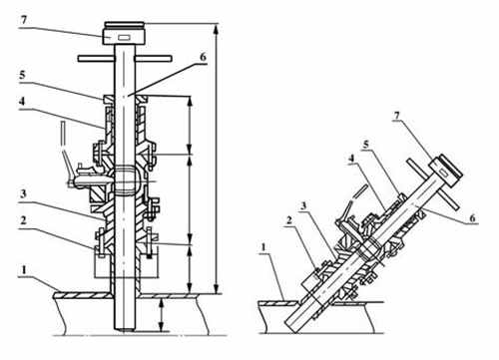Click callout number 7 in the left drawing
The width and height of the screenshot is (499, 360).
tap(23, 20)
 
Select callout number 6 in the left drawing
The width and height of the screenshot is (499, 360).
tap(203, 57)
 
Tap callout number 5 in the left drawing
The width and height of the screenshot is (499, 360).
tap(22, 75)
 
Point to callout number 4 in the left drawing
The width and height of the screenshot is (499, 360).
tap(22, 102)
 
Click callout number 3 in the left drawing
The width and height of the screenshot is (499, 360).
tap(23, 194)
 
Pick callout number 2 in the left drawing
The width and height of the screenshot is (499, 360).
tap(23, 220)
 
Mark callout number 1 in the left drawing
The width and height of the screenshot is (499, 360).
tap(24, 270)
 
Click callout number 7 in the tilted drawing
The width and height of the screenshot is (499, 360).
tap(396, 116)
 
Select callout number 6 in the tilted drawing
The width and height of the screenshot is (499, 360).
tap(472, 218)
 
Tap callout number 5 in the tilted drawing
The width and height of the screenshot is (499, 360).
tap(366, 145)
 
